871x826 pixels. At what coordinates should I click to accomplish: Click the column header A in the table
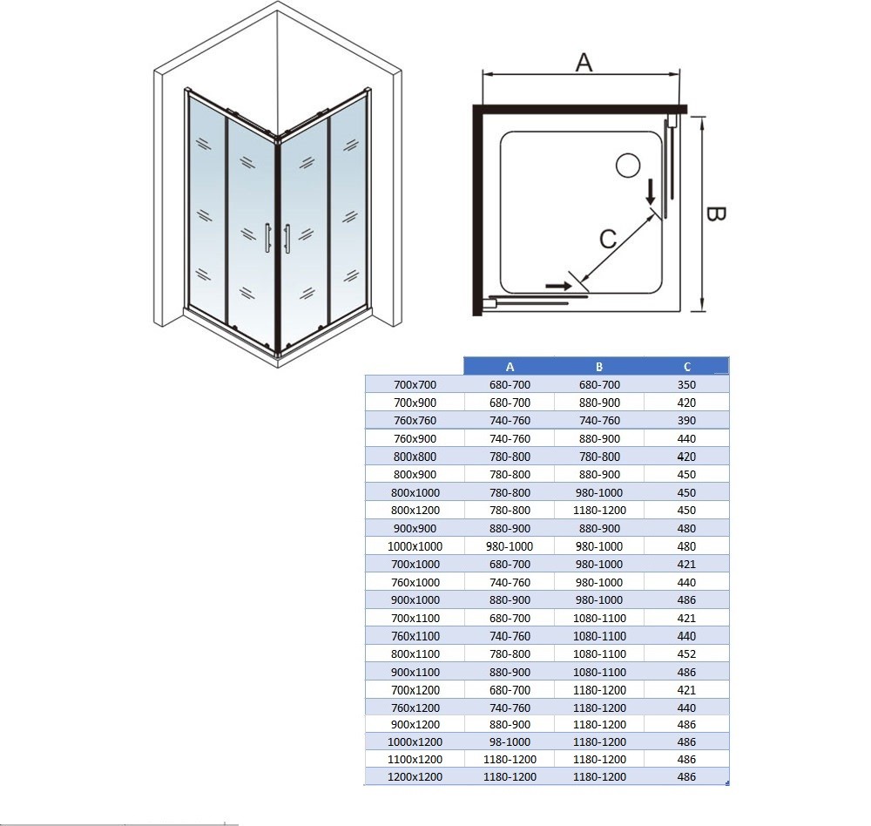point(510,367)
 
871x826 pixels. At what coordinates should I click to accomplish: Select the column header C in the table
point(686,367)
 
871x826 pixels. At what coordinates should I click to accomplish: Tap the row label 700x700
point(415,384)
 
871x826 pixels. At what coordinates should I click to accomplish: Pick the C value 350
point(686,384)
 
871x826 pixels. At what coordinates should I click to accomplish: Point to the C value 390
point(686,420)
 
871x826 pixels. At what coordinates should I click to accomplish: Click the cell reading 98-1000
point(510,741)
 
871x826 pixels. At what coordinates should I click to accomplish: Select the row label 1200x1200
point(415,776)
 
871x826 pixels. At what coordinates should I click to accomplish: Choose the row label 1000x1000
point(415,546)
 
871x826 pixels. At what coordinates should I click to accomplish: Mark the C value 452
point(686,653)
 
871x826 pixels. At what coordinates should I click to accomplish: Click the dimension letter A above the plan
point(584,63)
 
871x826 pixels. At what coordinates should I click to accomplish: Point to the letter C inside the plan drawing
point(608,239)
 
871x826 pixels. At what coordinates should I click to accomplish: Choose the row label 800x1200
point(415,511)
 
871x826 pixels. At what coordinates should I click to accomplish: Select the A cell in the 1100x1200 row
point(510,759)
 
